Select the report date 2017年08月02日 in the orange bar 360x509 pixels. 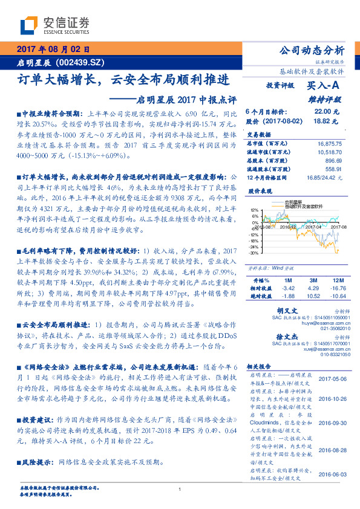(x=53, y=49)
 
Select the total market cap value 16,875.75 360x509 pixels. (x=329, y=144)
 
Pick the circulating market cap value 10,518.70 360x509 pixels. (x=329, y=153)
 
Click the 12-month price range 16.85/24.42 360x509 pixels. (x=322, y=178)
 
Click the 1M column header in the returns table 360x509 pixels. (x=288, y=281)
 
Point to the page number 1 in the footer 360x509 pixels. (x=180, y=490)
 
